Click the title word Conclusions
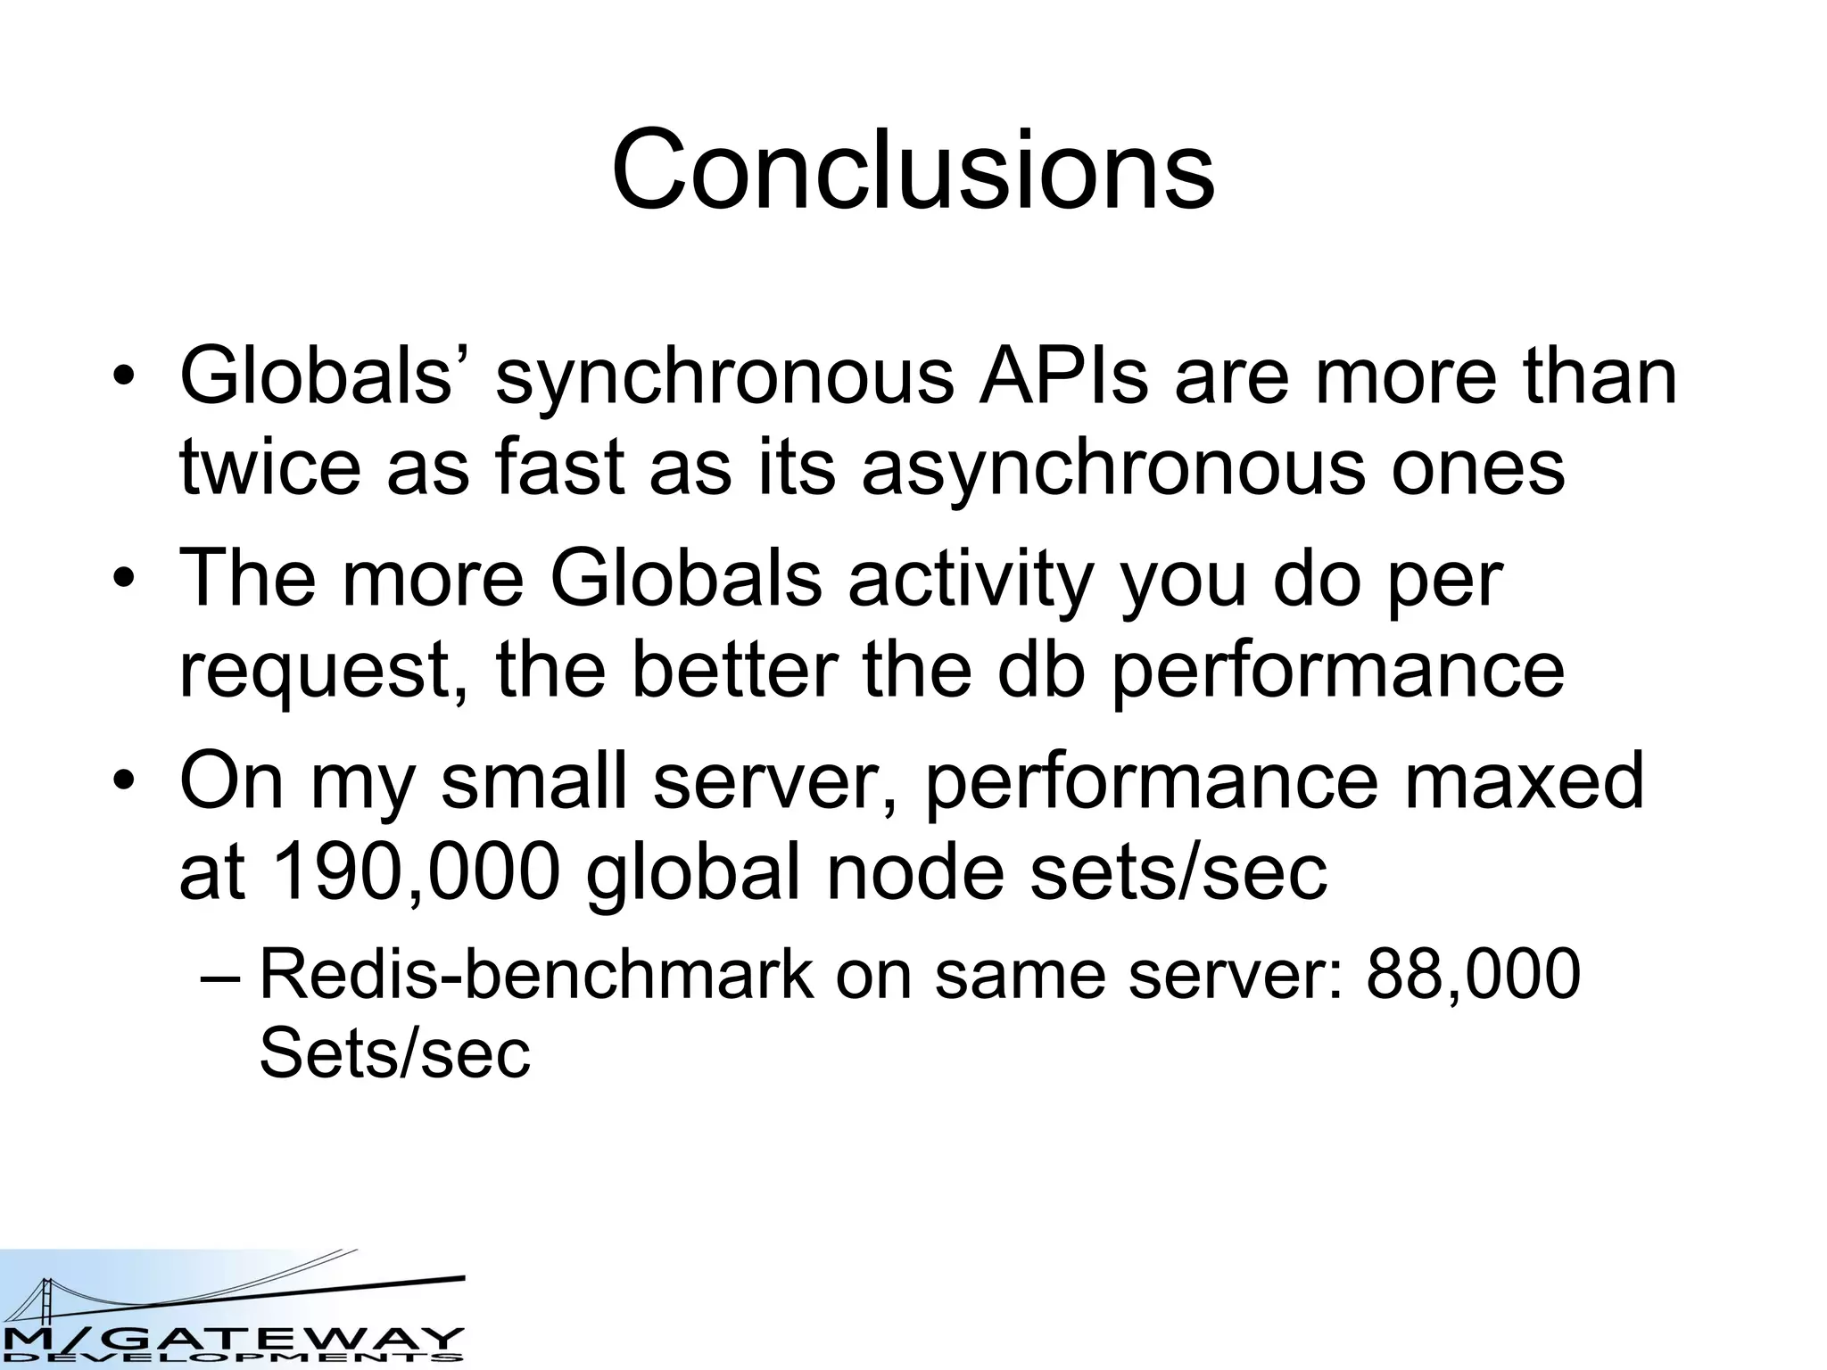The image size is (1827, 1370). click(913, 169)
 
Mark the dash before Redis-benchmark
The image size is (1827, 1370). click(220, 978)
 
